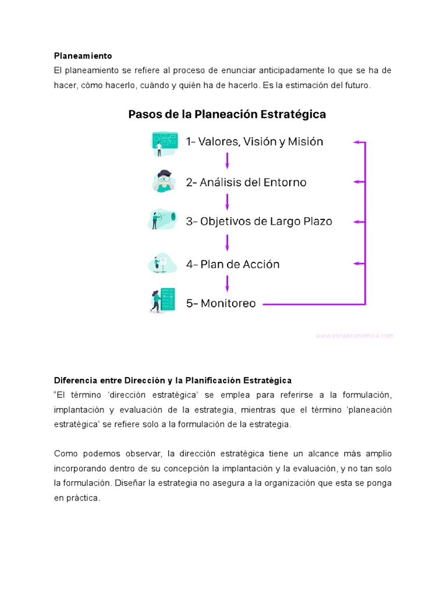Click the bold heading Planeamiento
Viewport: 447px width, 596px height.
pyautogui.click(x=83, y=56)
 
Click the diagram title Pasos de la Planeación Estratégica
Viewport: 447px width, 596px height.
pyautogui.click(x=227, y=115)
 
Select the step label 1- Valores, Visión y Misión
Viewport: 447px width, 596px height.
pyautogui.click(x=254, y=141)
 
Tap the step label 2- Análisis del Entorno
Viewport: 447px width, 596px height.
pyautogui.click(x=246, y=182)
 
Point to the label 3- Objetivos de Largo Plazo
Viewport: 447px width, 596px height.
pyautogui.click(x=259, y=222)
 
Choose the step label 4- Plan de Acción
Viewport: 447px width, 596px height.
pyautogui.click(x=233, y=264)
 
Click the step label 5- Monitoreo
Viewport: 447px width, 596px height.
pyautogui.click(x=221, y=303)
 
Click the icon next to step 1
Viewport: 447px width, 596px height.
pyautogui.click(x=164, y=143)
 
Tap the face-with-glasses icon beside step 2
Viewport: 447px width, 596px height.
pyautogui.click(x=164, y=182)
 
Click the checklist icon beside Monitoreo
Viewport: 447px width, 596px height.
pyautogui.click(x=162, y=300)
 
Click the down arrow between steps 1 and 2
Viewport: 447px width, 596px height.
pyautogui.click(x=227, y=161)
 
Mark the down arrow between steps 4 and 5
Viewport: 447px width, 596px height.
pyautogui.click(x=227, y=283)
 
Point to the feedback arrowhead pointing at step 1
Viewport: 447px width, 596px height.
pyautogui.click(x=357, y=142)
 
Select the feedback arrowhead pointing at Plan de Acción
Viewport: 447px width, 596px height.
pyautogui.click(x=357, y=264)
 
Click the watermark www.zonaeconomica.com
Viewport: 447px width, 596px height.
pyautogui.click(x=354, y=336)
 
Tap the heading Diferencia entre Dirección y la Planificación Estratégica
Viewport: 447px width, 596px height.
pyautogui.click(x=173, y=381)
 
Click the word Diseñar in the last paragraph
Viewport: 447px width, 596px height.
pyautogui.click(x=130, y=483)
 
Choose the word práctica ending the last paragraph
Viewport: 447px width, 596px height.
pyautogui.click(x=84, y=498)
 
